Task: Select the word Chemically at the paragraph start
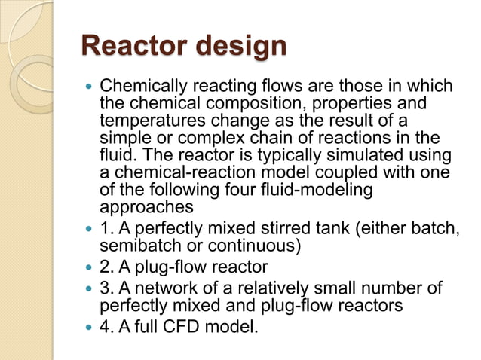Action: click(x=140, y=87)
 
